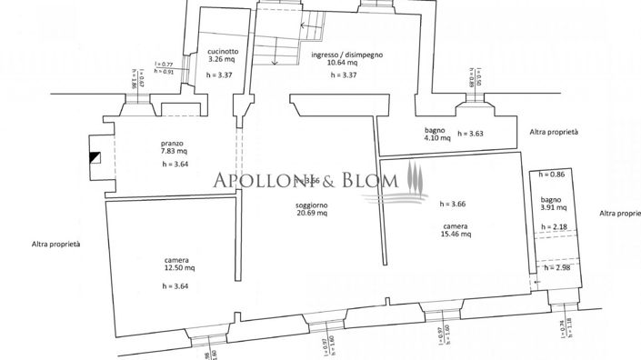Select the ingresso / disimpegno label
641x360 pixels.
(x=346, y=54)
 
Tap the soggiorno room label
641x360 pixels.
(x=311, y=206)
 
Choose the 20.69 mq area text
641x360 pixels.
(x=311, y=215)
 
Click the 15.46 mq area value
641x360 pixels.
(x=456, y=234)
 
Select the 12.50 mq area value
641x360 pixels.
(x=178, y=268)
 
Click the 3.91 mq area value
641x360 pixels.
(x=552, y=207)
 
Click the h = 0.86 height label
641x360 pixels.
(x=551, y=174)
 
